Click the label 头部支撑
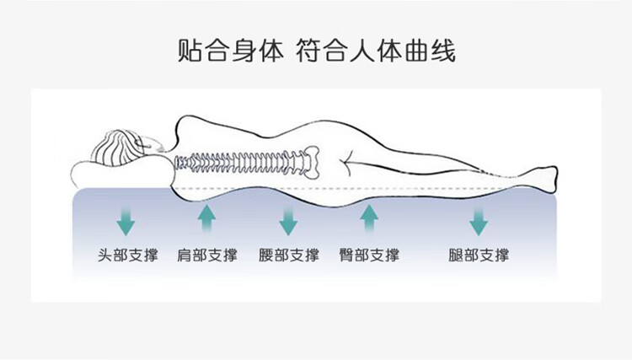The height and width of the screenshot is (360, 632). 128,255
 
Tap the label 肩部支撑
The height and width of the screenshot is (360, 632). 207,255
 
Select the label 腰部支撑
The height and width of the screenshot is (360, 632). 288,255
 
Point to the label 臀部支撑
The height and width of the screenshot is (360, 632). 369,255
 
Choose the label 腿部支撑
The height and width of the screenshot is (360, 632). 479,255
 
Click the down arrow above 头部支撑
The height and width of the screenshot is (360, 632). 126,222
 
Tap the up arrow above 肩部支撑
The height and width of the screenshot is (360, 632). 206,218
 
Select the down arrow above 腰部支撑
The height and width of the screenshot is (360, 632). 288,222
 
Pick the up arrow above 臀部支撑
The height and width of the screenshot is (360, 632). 369,218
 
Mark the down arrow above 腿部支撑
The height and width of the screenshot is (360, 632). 479,222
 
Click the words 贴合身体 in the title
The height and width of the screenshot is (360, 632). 231,51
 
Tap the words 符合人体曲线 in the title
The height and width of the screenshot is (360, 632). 376,51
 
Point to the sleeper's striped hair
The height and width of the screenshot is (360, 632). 117,148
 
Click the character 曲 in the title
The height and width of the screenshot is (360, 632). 416,51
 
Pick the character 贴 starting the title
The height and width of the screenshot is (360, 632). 190,51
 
